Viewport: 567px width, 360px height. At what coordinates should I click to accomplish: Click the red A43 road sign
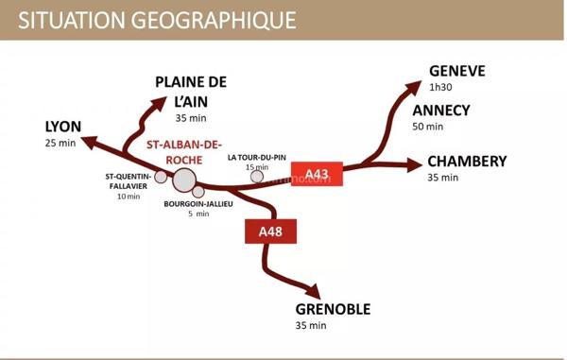[318, 174]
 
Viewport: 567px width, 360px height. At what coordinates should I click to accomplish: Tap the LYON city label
[63, 127]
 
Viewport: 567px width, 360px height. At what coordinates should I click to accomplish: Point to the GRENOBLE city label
[333, 309]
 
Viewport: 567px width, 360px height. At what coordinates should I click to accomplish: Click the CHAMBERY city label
[467, 161]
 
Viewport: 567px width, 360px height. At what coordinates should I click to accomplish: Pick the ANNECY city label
[440, 110]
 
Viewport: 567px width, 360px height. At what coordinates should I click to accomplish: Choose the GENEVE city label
[456, 71]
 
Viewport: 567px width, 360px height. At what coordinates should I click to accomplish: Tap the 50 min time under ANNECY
[427, 127]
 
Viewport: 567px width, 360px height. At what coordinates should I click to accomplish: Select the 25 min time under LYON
[59, 144]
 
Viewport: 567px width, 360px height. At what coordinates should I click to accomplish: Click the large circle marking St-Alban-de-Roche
[184, 180]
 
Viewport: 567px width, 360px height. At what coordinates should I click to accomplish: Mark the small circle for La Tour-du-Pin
[256, 177]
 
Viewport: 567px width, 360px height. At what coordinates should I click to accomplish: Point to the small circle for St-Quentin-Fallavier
[161, 176]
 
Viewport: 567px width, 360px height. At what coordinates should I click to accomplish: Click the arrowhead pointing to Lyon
[90, 142]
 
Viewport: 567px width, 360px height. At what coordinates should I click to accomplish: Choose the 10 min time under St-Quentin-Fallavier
[128, 197]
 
